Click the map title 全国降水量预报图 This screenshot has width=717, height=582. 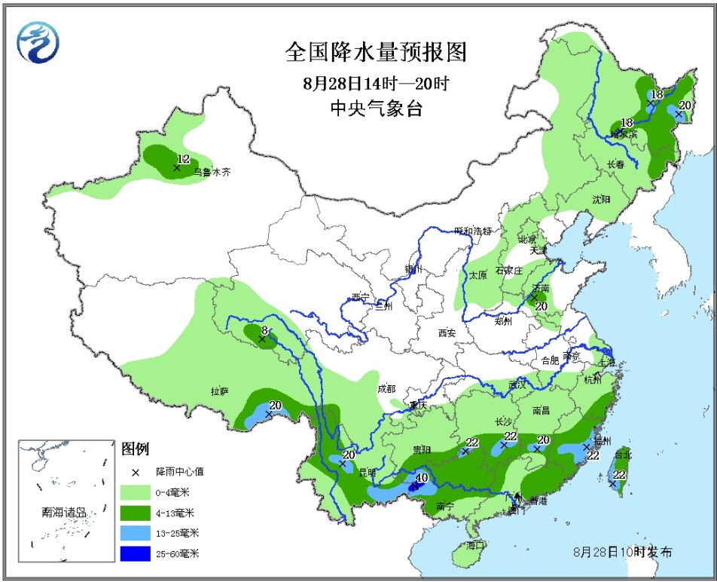[x=376, y=52]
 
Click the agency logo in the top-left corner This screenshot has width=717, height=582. [x=35, y=41]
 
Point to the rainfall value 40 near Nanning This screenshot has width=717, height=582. [x=422, y=477]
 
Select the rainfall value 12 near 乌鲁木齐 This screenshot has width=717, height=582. [x=182, y=159]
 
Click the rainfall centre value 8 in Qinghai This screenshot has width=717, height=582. [x=265, y=330]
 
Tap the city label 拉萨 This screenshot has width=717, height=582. [x=219, y=391]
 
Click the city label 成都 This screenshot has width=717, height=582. [x=386, y=389]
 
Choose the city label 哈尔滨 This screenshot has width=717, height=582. [x=624, y=133]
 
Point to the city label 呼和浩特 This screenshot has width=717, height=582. [x=472, y=231]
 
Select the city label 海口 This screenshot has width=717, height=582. [x=474, y=544]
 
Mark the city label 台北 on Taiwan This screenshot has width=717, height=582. [x=623, y=455]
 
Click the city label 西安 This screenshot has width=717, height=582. [x=447, y=332]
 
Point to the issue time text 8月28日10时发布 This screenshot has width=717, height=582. [x=623, y=553]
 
